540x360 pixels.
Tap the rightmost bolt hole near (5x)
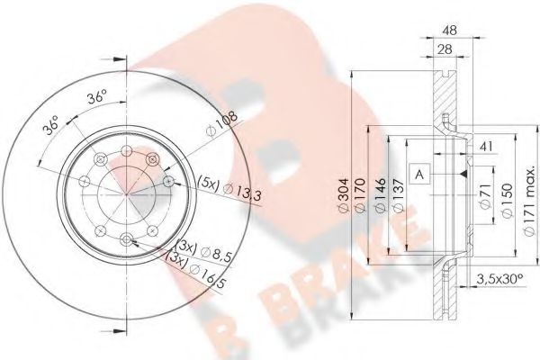(x=168, y=183)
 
